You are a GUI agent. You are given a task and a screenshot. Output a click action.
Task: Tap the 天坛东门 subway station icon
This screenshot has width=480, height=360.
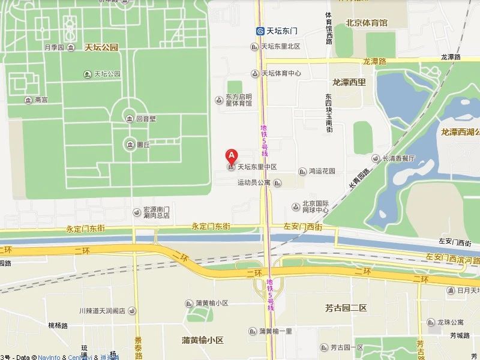coord(260,31)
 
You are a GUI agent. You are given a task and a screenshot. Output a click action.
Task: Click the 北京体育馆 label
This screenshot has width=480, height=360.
coord(367,23)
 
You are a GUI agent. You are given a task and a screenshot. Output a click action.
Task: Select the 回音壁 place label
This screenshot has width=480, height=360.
coord(146,119)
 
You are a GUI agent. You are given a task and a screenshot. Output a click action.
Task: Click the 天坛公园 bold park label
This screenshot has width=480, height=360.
coord(101,47)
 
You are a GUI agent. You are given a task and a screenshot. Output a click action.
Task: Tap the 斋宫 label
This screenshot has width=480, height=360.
coord(41,100)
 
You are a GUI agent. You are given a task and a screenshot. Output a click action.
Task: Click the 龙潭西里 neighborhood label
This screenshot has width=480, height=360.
coord(349,82)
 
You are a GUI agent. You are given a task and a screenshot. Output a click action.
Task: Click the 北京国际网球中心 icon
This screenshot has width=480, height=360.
coord(296,207)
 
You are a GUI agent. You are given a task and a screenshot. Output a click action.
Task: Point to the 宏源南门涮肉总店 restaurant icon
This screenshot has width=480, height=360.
coord(137,212)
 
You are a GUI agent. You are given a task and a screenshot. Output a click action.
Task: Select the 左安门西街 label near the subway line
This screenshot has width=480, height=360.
coord(302,227)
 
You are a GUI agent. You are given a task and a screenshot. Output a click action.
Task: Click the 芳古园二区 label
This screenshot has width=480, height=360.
coord(346,308)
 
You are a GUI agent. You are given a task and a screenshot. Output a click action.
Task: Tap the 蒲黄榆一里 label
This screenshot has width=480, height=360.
coord(275,331)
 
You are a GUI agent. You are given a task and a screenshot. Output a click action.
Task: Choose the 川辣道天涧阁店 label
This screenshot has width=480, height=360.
coord(101,311)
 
